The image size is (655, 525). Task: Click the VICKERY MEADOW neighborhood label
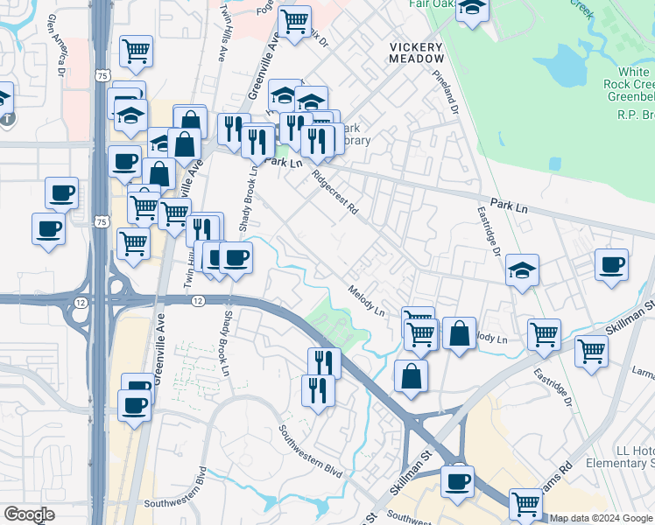coord(417,52)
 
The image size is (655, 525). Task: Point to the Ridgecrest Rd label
coord(337,193)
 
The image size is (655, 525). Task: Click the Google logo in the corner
coord(29,514)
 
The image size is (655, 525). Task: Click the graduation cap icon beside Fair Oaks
coord(473,9)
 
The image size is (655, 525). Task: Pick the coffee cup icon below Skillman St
coord(456,480)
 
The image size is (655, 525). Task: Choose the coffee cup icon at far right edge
coord(611,263)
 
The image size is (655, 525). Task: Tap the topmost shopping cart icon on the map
coord(295,18)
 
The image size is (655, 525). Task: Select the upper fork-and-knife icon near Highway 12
coord(324,361)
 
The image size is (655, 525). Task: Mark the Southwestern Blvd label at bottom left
coord(175,503)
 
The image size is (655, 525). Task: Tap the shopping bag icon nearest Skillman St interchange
coord(411,375)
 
